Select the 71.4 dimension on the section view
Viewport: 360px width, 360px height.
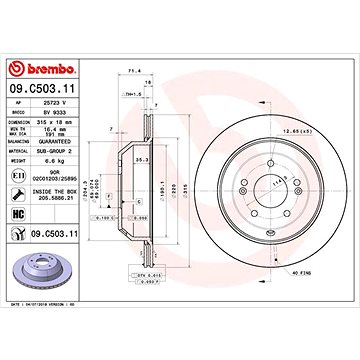130,72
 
